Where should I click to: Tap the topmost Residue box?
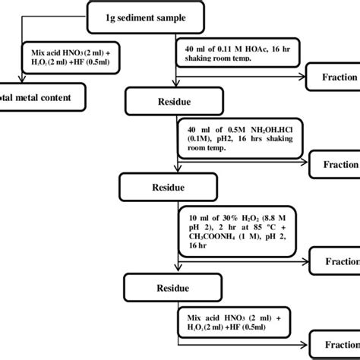[x=175, y=99]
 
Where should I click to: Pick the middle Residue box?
[x=163, y=185]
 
